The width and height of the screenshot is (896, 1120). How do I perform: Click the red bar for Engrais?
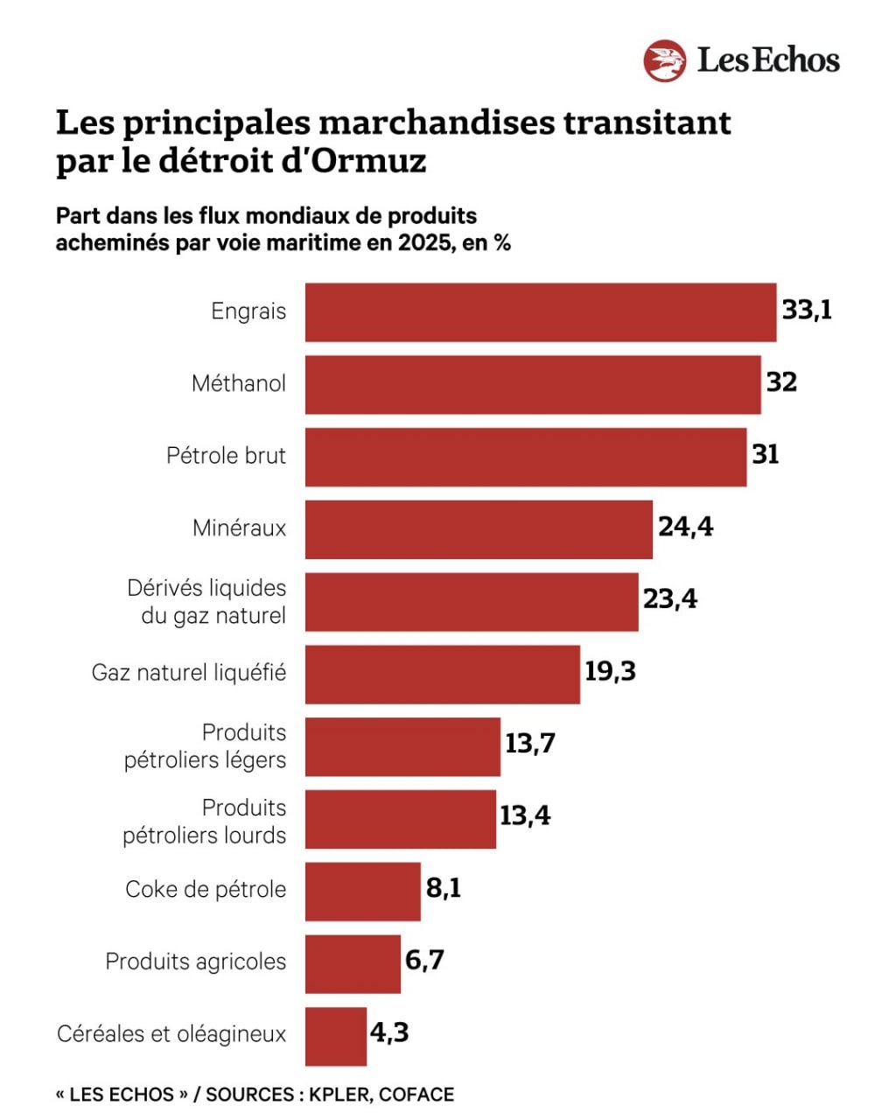pyautogui.click(x=540, y=312)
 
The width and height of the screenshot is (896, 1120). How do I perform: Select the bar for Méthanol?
pyautogui.click(x=532, y=384)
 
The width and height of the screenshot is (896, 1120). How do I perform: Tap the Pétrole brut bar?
pyautogui.click(x=525, y=457)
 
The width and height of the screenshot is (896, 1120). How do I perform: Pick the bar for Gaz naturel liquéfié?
pyautogui.click(x=442, y=674)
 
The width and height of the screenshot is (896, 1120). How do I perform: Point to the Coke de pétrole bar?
pyautogui.click(x=362, y=891)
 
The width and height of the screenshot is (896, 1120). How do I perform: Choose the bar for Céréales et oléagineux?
pyautogui.click(x=335, y=1036)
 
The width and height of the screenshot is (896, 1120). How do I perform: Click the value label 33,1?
pyautogui.click(x=807, y=310)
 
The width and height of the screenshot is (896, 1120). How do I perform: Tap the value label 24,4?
pyautogui.click(x=685, y=527)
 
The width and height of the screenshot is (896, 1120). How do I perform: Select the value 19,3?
pyautogui.click(x=610, y=671)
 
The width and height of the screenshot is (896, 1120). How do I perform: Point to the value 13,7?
pyautogui.click(x=529, y=744)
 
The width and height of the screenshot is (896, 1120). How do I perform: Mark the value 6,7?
pyautogui.click(x=424, y=960)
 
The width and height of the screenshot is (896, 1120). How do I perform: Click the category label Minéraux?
pyautogui.click(x=239, y=528)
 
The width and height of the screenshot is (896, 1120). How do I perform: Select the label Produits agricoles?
pyautogui.click(x=195, y=962)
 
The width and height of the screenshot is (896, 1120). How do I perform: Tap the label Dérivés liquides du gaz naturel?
pyautogui.click(x=207, y=602)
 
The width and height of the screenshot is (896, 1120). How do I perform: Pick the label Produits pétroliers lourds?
pyautogui.click(x=205, y=821)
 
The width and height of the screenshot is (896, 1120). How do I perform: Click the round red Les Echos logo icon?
pyautogui.click(x=664, y=60)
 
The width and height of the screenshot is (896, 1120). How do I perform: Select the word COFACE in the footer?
pyautogui.click(x=416, y=1095)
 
